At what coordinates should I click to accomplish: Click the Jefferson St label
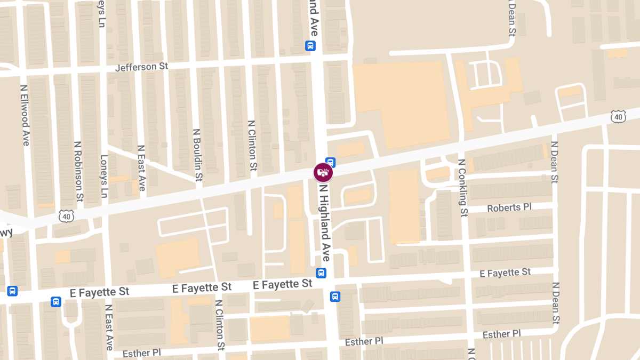(141, 67)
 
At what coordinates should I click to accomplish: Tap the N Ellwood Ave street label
(25, 115)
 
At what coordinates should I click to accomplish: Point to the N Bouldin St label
(197, 155)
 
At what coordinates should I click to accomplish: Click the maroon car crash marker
(323, 172)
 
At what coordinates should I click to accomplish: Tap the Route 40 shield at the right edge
(618, 117)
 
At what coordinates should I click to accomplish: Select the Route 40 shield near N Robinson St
(67, 215)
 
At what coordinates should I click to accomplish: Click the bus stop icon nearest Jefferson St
(310, 46)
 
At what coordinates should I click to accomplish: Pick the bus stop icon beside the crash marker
(331, 162)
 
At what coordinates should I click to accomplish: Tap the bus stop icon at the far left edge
(12, 291)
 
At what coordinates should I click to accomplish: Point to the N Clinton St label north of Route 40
(252, 145)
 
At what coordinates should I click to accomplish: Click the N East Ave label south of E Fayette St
(109, 327)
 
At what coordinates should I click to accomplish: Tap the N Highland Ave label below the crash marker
(324, 222)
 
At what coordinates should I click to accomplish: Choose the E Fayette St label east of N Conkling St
(505, 273)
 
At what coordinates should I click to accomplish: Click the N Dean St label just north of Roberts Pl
(554, 163)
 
